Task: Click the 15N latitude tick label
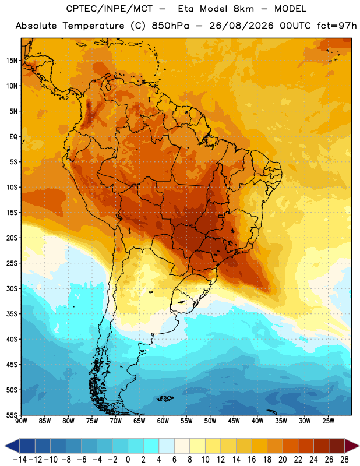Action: pyautogui.click(x=12, y=61)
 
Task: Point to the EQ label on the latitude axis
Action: pyautogui.click(x=13, y=137)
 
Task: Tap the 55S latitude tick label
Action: pyautogui.click(x=12, y=415)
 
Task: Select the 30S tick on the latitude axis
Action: pyautogui.click(x=12, y=288)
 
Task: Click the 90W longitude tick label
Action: pyautogui.click(x=21, y=421)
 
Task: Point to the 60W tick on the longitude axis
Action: pyautogui.click(x=163, y=421)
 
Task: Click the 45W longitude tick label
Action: pyautogui.click(x=234, y=421)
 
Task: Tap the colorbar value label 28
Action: pyautogui.click(x=344, y=460)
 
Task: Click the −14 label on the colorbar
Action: pyautogui.click(x=20, y=460)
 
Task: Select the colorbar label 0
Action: pyautogui.click(x=128, y=460)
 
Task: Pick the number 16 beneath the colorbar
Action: pyautogui.click(x=252, y=460)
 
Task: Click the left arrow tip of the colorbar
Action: pyautogui.click(x=5, y=446)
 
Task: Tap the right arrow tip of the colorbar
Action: pyautogui.click(x=359, y=446)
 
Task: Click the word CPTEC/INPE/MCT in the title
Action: pyautogui.click(x=109, y=9)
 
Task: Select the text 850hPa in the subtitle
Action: pyautogui.click(x=170, y=26)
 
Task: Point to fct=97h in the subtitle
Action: pyautogui.click(x=337, y=26)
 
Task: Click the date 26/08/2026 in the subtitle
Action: pyautogui.click(x=241, y=26)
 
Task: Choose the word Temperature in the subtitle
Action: pyautogui.click(x=93, y=26)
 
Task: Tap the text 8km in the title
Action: pyautogui.click(x=243, y=9)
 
